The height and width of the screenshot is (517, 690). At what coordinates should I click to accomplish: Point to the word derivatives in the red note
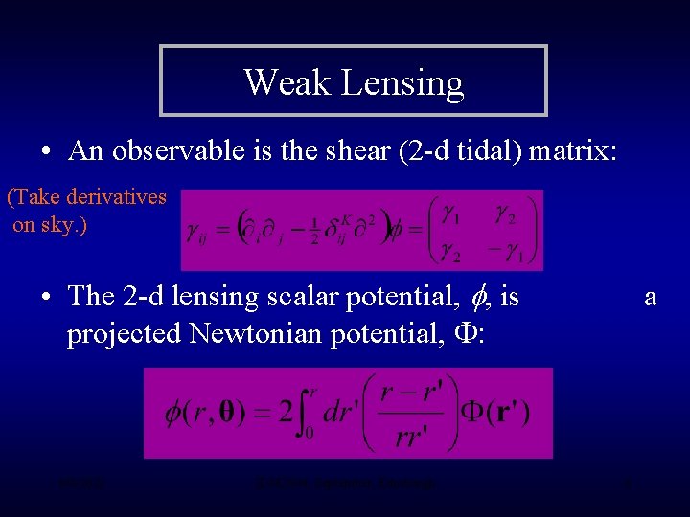[114, 198]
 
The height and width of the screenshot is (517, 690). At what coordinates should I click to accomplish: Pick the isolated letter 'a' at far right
[651, 297]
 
